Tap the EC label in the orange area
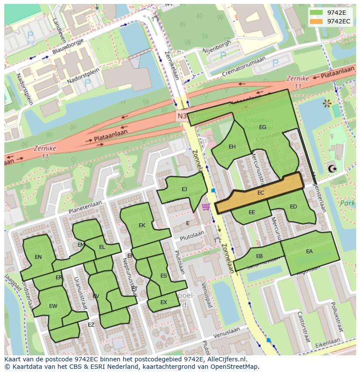point(261,193)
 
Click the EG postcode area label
point(263,127)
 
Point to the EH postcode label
point(232,147)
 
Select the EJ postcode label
point(184,189)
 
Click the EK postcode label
point(142,225)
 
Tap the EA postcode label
point(309,251)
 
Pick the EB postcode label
point(259,256)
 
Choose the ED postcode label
point(293,207)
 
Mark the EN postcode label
point(38,257)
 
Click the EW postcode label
point(53,306)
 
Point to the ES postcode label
point(163,276)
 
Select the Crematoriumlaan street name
point(243,68)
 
